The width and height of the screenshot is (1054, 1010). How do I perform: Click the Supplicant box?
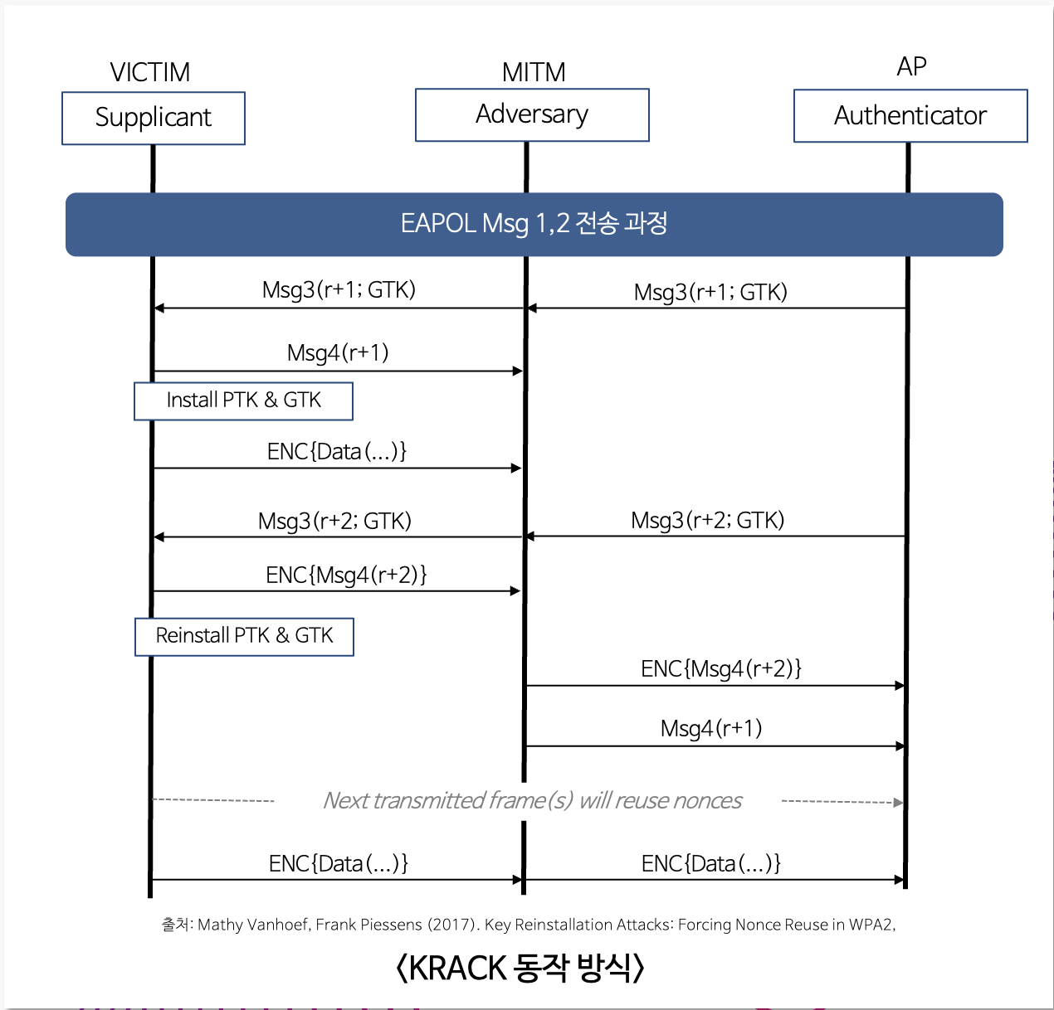154,118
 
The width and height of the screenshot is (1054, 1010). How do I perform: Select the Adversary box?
532,114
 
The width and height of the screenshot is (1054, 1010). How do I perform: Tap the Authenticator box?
910,115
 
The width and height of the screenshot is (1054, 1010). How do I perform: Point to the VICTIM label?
150,72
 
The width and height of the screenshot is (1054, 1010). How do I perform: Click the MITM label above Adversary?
534,72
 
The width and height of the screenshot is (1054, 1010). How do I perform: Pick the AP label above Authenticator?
911,66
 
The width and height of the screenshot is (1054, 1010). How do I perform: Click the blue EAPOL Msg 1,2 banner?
534,224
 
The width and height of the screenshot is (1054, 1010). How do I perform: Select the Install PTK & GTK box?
243,401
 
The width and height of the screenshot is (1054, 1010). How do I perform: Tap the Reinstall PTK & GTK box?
244,636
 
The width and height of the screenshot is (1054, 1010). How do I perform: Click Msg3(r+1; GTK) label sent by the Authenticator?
710,292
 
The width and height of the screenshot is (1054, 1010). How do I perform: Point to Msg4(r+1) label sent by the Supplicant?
338,353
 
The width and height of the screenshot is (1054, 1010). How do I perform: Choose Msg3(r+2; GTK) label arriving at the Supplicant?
334,521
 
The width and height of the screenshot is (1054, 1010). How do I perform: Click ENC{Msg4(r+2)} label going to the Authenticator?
720,668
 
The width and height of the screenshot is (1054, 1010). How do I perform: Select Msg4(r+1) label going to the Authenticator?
711,728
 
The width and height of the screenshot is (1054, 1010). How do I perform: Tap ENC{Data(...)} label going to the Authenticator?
711,863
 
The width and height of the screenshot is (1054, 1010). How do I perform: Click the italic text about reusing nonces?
532,800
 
